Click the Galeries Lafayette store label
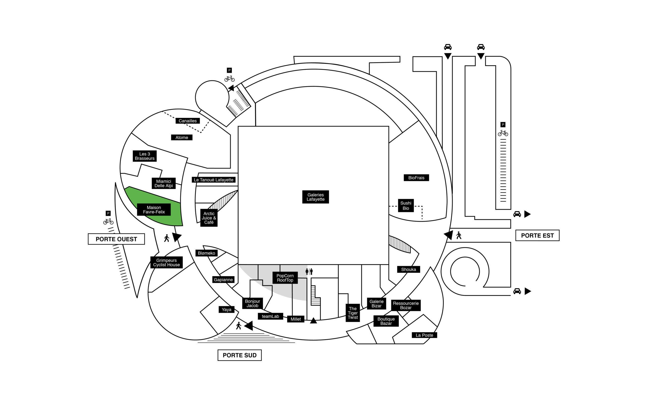point(315,197)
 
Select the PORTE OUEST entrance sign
point(116,239)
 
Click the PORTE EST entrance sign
point(537,235)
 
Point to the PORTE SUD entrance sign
point(239,355)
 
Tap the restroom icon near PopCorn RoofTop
point(309,271)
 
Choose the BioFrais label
point(416,178)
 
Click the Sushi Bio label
point(406,206)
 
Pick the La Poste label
point(424,335)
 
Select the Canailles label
point(187,121)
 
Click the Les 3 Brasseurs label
point(144,156)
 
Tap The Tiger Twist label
point(353,313)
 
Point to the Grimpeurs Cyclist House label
point(166,262)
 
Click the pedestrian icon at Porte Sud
point(239,326)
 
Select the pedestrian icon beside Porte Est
point(459,235)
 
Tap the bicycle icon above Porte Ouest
point(108,221)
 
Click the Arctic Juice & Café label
point(209,218)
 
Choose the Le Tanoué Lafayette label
point(213,180)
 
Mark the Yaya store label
point(226,310)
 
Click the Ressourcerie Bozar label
point(406,306)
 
